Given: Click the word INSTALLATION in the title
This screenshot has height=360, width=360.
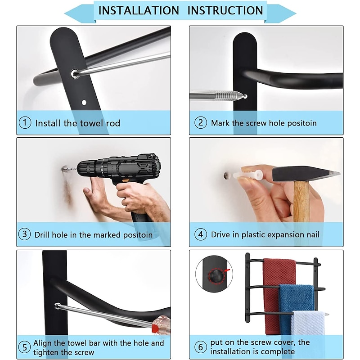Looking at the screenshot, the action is pyautogui.click(x=139, y=10).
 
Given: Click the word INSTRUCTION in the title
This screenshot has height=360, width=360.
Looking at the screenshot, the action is pyautogui.click(x=225, y=10).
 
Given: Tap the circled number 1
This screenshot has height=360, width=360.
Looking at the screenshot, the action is pyautogui.click(x=25, y=122).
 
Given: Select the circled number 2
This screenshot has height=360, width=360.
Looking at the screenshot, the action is pyautogui.click(x=200, y=122).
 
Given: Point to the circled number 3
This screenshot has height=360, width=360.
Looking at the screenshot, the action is pyautogui.click(x=25, y=234).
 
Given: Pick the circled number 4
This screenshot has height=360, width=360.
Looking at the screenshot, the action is pyautogui.click(x=200, y=234).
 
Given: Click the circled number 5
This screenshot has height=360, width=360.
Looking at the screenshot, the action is pyautogui.click(x=25, y=347).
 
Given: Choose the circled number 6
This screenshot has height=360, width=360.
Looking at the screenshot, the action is pyautogui.click(x=200, y=346).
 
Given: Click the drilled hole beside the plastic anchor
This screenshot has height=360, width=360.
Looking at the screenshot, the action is pyautogui.click(x=227, y=175).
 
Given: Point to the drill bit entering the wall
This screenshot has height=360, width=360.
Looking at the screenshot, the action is pyautogui.click(x=69, y=169).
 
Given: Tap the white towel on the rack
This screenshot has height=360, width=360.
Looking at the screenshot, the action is pyautogui.click(x=308, y=323).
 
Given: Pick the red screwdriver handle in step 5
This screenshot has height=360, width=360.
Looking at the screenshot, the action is pyautogui.click(x=161, y=324).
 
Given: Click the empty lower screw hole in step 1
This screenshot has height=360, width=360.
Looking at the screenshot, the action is pyautogui.click(x=84, y=103).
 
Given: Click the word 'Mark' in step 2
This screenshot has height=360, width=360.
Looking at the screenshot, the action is pyautogui.click(x=220, y=123).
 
